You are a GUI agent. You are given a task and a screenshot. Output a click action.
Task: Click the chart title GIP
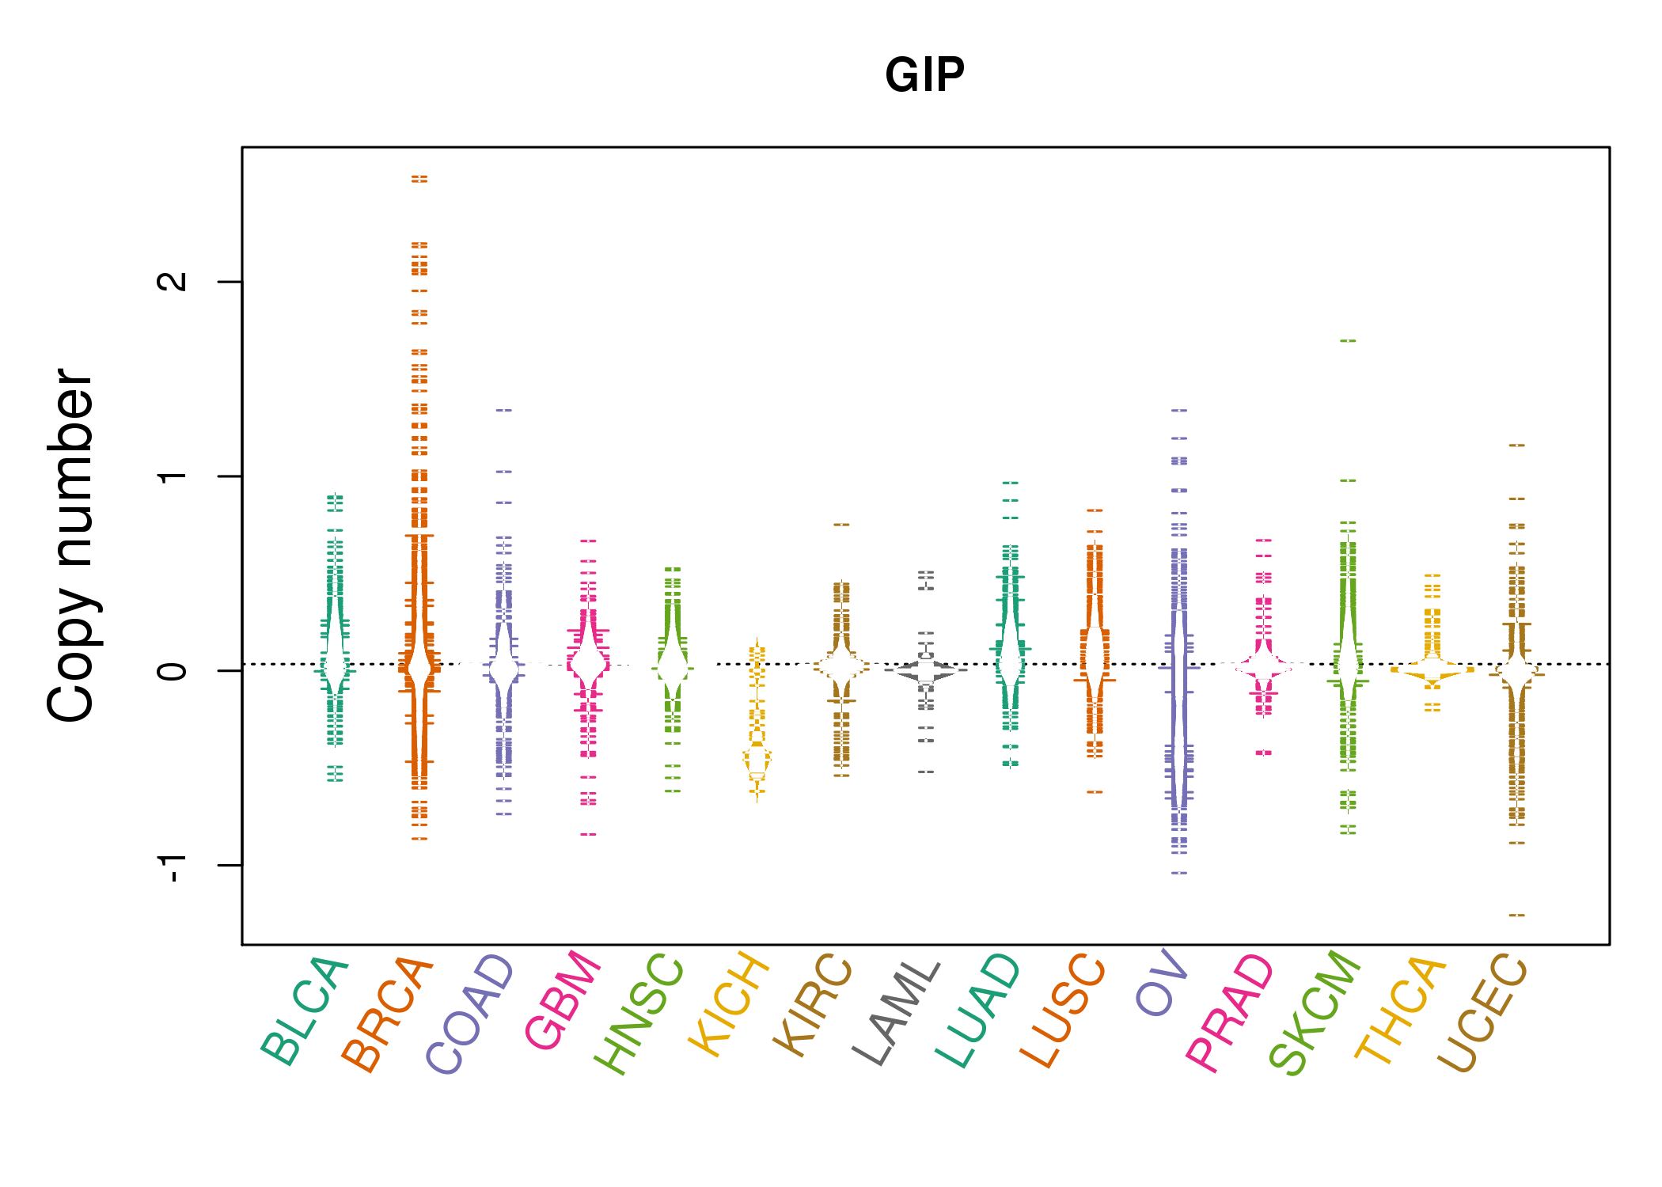tap(924, 75)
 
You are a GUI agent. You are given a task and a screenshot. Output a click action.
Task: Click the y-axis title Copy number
tap(71, 545)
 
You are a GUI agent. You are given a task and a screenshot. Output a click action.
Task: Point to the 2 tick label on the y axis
tap(173, 281)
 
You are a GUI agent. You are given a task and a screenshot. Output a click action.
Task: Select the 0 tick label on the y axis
tap(173, 671)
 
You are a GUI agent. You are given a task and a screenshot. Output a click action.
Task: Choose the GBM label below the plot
tap(563, 1000)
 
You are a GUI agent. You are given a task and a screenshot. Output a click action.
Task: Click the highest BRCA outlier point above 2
tap(419, 179)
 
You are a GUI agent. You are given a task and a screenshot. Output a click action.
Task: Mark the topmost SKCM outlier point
tap(1348, 341)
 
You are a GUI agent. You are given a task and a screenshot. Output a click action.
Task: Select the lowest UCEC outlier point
tap(1516, 916)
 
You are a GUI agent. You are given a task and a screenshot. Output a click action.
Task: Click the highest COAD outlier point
tap(504, 411)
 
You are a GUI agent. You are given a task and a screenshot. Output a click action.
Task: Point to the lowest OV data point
tap(1179, 873)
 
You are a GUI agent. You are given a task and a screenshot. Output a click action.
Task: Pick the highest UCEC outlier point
tap(1516, 446)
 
